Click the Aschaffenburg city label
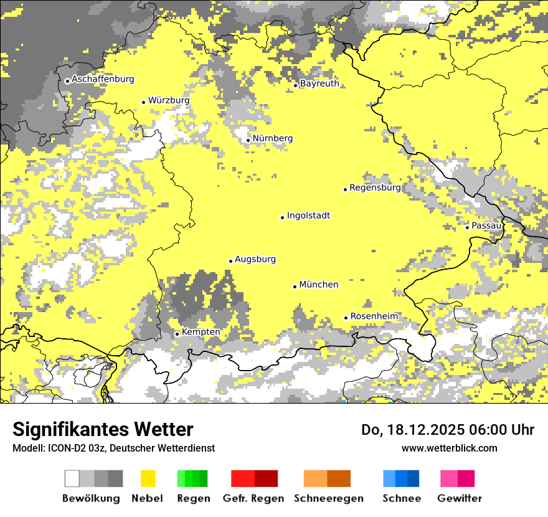[x=103, y=79]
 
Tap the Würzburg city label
[x=169, y=100]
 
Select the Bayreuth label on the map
[x=319, y=83]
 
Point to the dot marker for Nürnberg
[x=248, y=140]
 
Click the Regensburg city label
[x=375, y=187]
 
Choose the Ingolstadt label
[x=308, y=216]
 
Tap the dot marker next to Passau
[x=467, y=227]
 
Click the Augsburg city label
[x=255, y=259]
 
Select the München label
[x=319, y=285]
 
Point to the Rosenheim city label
[x=374, y=316]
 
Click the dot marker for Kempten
[x=177, y=334]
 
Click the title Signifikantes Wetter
[x=103, y=430]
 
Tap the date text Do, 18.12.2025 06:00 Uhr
[x=448, y=430]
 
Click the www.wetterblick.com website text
[x=449, y=448]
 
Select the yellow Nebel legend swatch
[x=148, y=478]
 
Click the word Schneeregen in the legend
[x=329, y=498]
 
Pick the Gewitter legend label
[x=460, y=498]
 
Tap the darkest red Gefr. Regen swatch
[x=267, y=478]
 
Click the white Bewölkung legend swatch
[x=72, y=478]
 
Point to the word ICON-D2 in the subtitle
[x=67, y=448]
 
